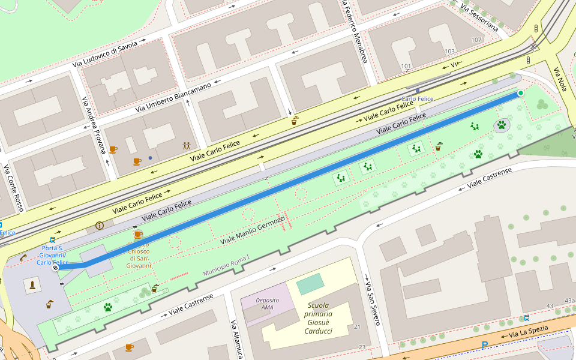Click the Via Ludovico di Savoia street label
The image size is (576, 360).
(105, 54)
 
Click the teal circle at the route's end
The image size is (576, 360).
(520, 93)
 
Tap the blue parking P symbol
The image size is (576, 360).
(485, 345)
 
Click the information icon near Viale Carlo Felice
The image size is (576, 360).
(100, 226)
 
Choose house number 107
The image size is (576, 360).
(476, 40)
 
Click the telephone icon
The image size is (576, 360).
(23, 257)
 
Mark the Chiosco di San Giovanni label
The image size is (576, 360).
(139, 254)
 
